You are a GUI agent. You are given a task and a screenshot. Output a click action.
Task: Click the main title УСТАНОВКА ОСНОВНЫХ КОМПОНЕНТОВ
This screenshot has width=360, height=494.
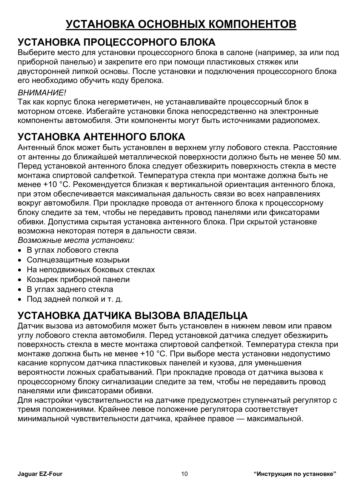tap(181, 24)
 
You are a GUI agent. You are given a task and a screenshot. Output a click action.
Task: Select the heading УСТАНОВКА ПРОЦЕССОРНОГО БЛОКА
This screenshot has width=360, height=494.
tap(117, 41)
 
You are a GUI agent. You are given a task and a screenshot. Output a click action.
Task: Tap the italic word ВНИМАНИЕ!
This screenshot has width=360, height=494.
tap(42, 92)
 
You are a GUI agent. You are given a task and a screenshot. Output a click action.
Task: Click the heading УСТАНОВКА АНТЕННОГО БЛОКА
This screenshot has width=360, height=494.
tap(102, 137)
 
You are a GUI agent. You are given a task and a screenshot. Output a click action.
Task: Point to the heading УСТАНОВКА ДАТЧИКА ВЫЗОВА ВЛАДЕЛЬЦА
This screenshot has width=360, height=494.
tap(133, 315)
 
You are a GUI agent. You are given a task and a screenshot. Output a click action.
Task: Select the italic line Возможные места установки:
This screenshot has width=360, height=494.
tap(76, 241)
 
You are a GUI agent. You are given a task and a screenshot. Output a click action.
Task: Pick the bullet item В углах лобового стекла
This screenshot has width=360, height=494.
tap(72, 250)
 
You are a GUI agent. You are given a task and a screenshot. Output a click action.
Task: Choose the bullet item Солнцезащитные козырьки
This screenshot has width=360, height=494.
tap(78, 260)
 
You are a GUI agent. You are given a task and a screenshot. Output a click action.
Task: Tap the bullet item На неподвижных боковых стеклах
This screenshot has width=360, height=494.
tap(91, 270)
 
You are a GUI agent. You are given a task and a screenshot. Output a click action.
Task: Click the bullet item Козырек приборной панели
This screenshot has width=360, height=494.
tap(78, 280)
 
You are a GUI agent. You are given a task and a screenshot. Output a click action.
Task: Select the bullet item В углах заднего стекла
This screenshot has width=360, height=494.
tap(70, 290)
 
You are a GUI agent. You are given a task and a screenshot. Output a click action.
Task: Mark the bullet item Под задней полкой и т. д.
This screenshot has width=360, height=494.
tap(74, 299)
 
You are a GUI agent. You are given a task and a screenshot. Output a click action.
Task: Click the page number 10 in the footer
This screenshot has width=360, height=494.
tap(184, 474)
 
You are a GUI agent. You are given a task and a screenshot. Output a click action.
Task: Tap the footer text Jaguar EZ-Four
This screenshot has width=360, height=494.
tap(37, 474)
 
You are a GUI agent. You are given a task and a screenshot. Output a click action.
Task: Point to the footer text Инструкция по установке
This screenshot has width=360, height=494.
tap(295, 474)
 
